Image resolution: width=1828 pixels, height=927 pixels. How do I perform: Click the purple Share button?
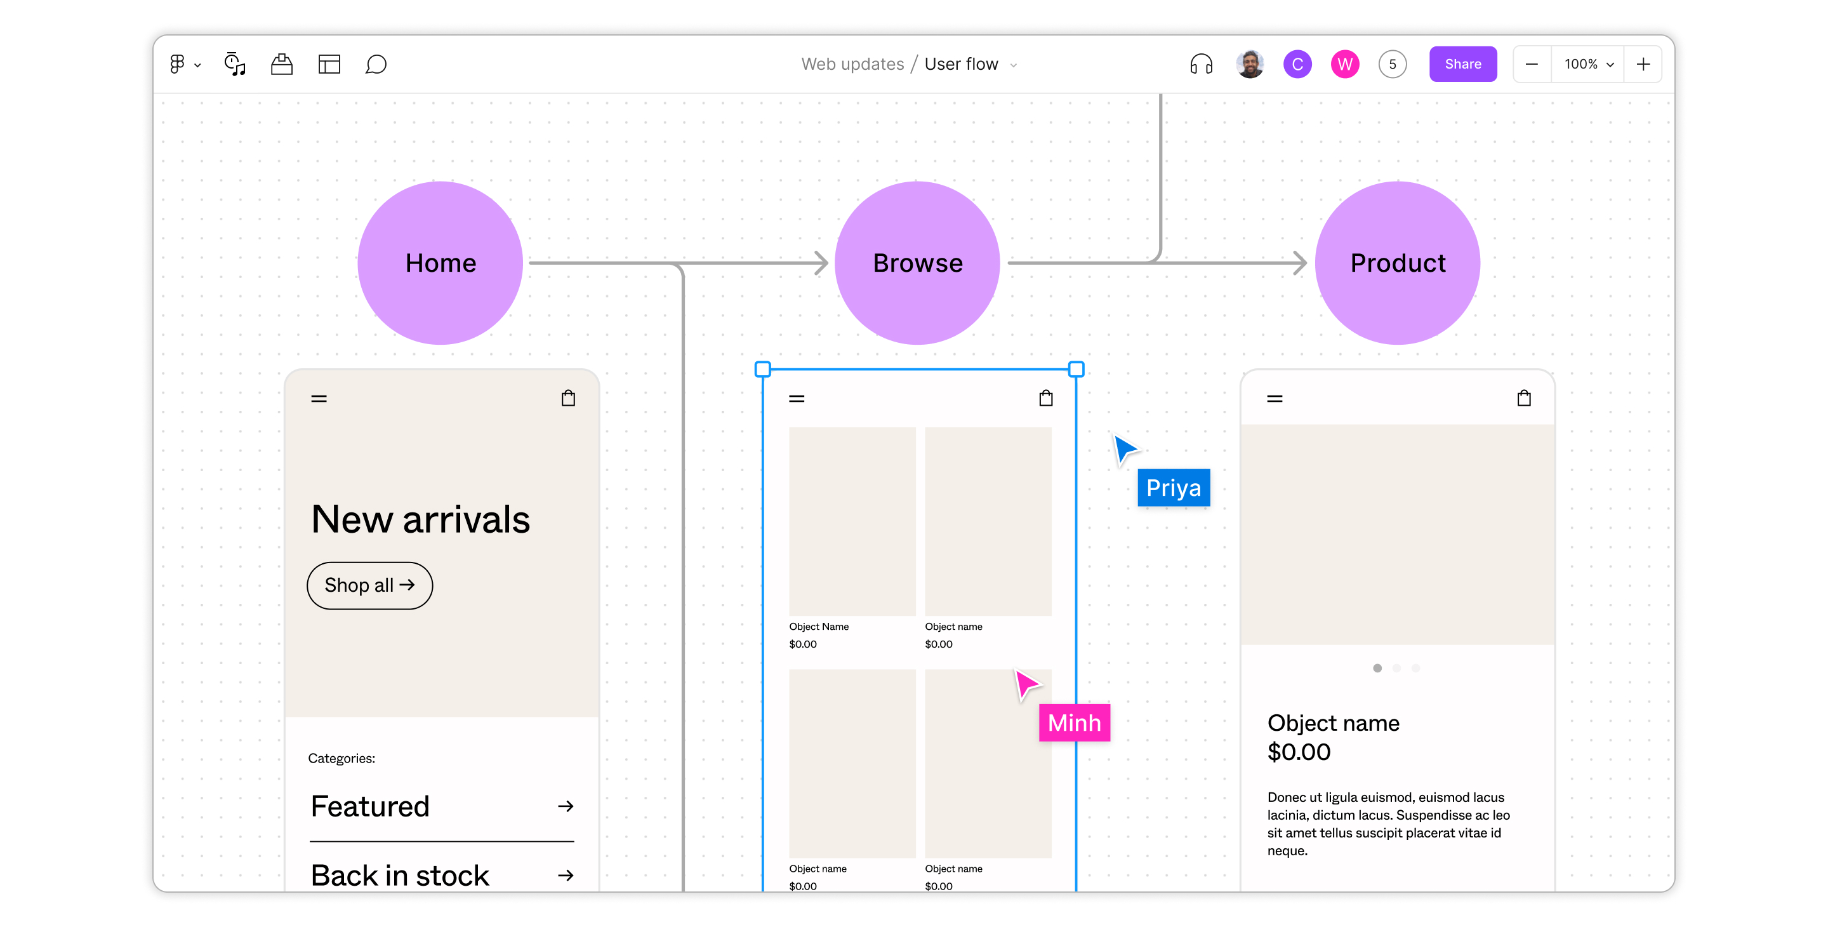pyautogui.click(x=1462, y=64)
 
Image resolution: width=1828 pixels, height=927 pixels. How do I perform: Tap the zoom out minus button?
pyautogui.click(x=1532, y=64)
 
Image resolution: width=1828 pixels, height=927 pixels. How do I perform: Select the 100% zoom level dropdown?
pyautogui.click(x=1587, y=64)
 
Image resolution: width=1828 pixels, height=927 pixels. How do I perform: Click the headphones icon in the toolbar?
pyautogui.click(x=1201, y=64)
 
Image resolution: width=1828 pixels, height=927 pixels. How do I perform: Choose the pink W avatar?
pyautogui.click(x=1344, y=64)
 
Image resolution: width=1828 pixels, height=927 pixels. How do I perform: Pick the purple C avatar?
pyautogui.click(x=1297, y=64)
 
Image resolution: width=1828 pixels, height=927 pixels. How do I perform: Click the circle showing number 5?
pyautogui.click(x=1391, y=64)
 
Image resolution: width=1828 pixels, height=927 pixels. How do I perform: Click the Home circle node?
pyautogui.click(x=440, y=263)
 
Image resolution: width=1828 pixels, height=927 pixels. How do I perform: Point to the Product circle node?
pyautogui.click(x=1396, y=263)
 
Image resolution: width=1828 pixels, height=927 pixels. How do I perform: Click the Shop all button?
pyautogui.click(x=369, y=585)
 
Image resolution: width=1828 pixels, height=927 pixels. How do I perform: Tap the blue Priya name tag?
pyautogui.click(x=1173, y=488)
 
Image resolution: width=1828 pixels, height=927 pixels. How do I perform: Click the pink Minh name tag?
pyautogui.click(x=1074, y=723)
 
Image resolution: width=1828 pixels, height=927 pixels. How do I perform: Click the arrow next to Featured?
pyautogui.click(x=565, y=806)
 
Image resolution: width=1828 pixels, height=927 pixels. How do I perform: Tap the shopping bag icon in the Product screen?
pyautogui.click(x=1523, y=397)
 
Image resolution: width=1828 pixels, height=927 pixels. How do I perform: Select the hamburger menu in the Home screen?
pyautogui.click(x=319, y=398)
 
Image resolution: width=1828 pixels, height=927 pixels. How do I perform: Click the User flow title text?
pyautogui.click(x=961, y=64)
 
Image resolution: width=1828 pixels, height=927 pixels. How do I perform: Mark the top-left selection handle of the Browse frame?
pyautogui.click(x=762, y=369)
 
